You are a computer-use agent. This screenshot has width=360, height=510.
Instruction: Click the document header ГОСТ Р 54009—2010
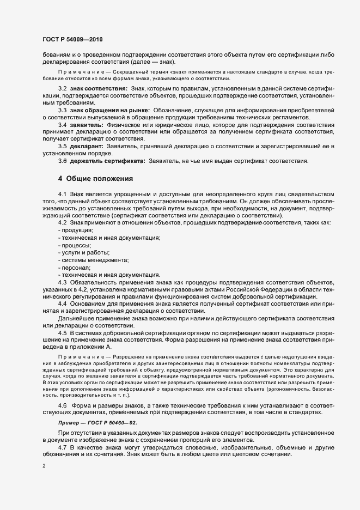tap(71, 40)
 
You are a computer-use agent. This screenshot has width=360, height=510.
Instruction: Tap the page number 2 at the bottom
tap(44, 466)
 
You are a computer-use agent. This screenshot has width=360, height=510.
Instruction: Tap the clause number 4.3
tap(62, 282)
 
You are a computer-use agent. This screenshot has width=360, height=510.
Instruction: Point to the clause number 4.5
tap(62, 332)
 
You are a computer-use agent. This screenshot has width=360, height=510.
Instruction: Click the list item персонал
tap(75, 268)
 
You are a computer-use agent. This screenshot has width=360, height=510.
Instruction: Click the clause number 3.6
tap(62, 161)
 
